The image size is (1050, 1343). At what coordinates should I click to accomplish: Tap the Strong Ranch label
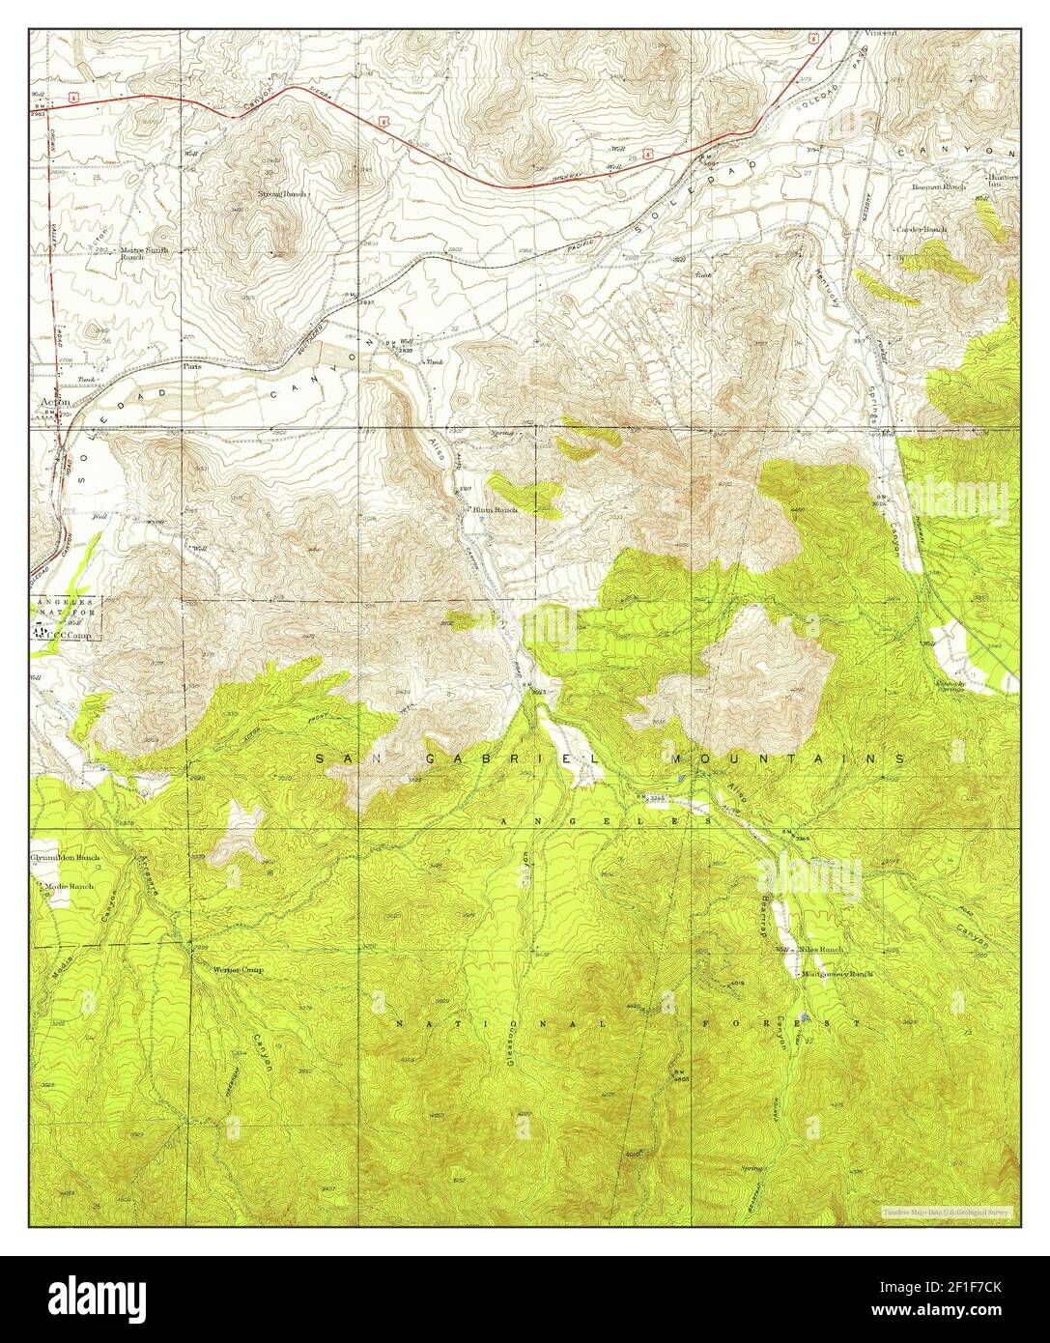tap(281, 194)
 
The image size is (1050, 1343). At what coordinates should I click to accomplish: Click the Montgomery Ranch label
tap(837, 974)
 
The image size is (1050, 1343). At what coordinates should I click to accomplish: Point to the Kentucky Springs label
tap(951, 688)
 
